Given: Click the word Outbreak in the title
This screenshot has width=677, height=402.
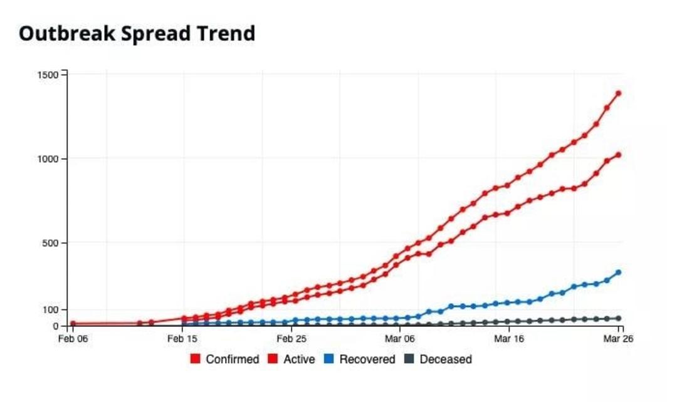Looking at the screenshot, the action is [x=67, y=34].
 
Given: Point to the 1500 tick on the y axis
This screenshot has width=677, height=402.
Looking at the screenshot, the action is [x=48, y=75].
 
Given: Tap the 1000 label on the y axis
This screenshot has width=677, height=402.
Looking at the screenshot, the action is [x=48, y=159].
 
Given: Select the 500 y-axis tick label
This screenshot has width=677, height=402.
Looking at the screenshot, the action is [x=50, y=244].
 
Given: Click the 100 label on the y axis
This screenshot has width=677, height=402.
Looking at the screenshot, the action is [x=50, y=310].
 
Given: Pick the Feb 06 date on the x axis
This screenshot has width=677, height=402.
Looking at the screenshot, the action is [x=73, y=339].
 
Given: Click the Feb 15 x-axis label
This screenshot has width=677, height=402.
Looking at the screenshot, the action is [x=182, y=339].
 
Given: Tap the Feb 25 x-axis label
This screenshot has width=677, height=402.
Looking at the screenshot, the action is [x=291, y=339].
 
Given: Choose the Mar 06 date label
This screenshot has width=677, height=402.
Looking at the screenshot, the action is [x=400, y=339].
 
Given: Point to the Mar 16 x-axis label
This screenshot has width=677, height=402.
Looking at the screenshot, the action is [x=509, y=339].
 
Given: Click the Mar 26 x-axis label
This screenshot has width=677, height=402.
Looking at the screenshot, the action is [x=618, y=339].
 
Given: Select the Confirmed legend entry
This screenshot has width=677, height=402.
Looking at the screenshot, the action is [x=225, y=359].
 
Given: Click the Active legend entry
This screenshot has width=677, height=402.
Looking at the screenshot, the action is [x=291, y=359].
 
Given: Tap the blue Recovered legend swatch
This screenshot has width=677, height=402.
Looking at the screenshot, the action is [x=329, y=359].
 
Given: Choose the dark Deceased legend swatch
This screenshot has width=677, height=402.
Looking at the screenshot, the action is [x=409, y=359].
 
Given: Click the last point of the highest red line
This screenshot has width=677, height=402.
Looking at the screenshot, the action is [x=618, y=93].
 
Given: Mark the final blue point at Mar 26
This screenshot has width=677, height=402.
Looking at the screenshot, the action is [x=618, y=272].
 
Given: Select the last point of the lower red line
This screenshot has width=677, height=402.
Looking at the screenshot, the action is [x=618, y=155].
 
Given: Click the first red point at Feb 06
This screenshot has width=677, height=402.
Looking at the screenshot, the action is [x=73, y=324].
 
